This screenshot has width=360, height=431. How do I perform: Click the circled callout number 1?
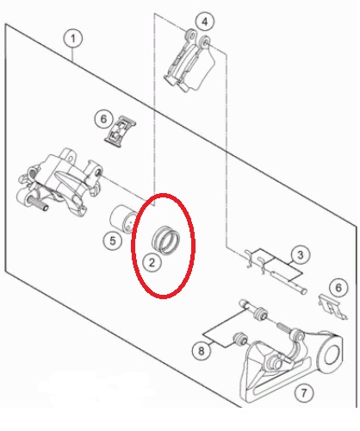73,39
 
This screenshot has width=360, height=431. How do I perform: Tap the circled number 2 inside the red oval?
152,262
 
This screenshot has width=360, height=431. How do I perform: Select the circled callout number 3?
300,255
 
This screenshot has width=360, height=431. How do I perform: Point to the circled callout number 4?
205,22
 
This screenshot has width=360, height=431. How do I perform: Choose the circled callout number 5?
113,240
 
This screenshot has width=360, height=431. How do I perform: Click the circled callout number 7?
304,392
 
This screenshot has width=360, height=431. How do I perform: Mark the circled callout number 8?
202,350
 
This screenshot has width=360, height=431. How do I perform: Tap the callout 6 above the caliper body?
103,119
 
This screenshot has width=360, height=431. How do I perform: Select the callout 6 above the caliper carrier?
338,288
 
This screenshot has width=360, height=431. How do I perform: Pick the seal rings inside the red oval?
165,240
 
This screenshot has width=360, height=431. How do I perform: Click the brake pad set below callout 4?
190,61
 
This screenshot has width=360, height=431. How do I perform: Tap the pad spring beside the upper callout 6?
121,131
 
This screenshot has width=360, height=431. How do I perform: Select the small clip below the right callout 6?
333,306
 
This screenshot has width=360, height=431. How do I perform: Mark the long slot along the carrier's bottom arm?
282,376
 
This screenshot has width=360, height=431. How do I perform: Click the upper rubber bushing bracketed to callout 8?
261,314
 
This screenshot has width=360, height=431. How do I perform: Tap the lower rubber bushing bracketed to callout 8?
240,340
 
